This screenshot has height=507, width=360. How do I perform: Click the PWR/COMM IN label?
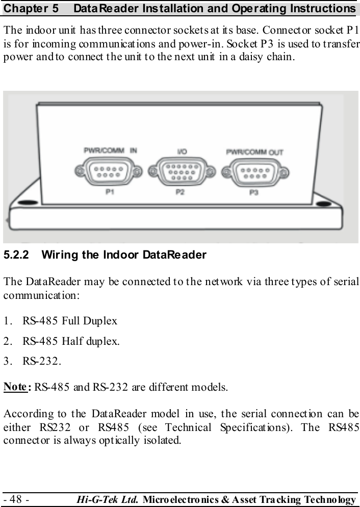pos(111,150)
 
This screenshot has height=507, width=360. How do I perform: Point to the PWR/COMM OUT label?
pos(254,151)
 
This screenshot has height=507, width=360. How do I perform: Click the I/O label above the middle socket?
pos(181,151)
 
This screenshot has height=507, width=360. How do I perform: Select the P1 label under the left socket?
pos(109,192)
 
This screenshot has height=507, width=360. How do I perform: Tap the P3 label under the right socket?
pos(253,192)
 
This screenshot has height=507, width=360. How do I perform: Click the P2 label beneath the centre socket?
pos(180,192)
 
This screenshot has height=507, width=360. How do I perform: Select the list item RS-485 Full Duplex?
pos(70,321)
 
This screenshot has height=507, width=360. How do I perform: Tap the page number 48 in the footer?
pos(16,498)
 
